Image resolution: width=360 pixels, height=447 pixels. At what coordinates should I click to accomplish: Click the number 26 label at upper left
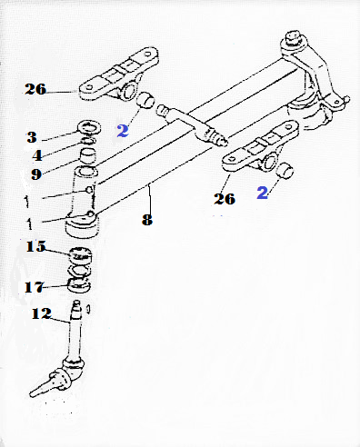pos(35,89)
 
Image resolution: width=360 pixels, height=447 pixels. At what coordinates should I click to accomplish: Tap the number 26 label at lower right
pos(225,199)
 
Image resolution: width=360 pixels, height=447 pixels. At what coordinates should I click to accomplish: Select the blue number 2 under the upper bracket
pos(123,131)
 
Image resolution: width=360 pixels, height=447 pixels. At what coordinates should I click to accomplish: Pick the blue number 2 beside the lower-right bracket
pos(263,193)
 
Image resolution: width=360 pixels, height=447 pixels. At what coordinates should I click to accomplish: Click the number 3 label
pos(32,137)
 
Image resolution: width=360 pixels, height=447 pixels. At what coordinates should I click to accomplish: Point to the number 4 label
pos(37,155)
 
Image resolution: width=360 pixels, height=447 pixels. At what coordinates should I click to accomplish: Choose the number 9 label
pos(36,174)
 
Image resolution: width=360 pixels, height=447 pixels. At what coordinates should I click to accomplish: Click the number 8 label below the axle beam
pos(147,220)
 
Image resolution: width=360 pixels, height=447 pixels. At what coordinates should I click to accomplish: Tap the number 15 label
pos(35,246)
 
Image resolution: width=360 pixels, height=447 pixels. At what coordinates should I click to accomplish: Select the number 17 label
pos(35,287)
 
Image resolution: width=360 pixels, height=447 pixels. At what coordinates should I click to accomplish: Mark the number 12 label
pos(42,313)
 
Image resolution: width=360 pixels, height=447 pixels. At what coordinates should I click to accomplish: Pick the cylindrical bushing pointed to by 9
pos(87,156)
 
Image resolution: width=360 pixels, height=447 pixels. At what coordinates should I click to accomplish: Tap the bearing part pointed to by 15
pos(80,253)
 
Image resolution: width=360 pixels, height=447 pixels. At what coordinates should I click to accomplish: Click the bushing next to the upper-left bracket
pos(145,100)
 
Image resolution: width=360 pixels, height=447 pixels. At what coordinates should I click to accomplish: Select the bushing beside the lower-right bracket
pos(285,171)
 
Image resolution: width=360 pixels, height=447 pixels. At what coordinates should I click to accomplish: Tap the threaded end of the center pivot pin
pos(218,138)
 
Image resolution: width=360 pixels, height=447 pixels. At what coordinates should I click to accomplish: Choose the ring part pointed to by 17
pos(79,286)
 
